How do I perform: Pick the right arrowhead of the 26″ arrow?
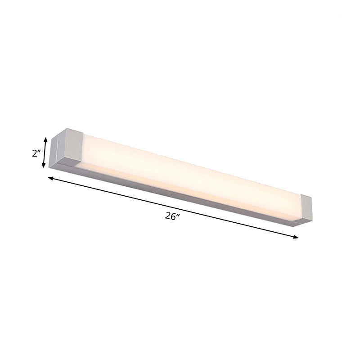(296, 237)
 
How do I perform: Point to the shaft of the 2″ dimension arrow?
(44, 153)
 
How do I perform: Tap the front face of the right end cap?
(306, 207)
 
